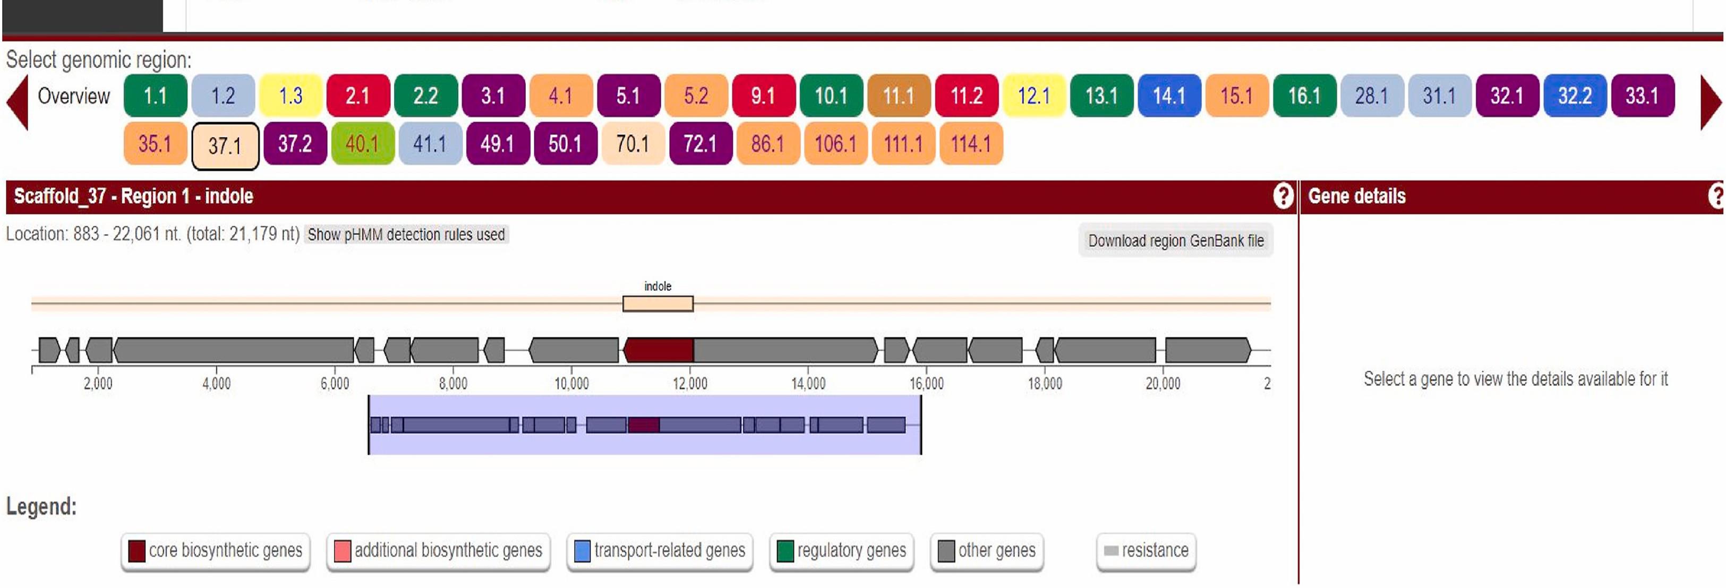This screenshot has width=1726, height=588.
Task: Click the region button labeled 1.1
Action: coord(156,96)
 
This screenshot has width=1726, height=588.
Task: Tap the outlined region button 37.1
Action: coord(225,145)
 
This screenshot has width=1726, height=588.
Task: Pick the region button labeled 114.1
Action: coord(971,143)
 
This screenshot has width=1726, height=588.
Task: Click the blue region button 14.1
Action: coord(1168,96)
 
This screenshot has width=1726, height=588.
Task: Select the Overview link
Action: coord(74,96)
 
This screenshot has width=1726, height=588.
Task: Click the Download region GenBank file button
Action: coord(1176,240)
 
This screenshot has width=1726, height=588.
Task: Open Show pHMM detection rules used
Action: coord(406,235)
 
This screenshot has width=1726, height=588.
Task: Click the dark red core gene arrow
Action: coord(659,350)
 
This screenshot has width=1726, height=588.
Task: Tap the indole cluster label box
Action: coord(658,304)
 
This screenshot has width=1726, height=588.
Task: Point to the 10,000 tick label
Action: coord(571,384)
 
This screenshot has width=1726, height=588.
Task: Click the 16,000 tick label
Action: coord(927,384)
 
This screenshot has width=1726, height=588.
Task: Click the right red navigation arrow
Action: coord(1711,102)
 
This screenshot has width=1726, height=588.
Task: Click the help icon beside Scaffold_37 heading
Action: coord(1283,196)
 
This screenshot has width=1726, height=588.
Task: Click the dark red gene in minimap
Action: coord(644,425)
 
